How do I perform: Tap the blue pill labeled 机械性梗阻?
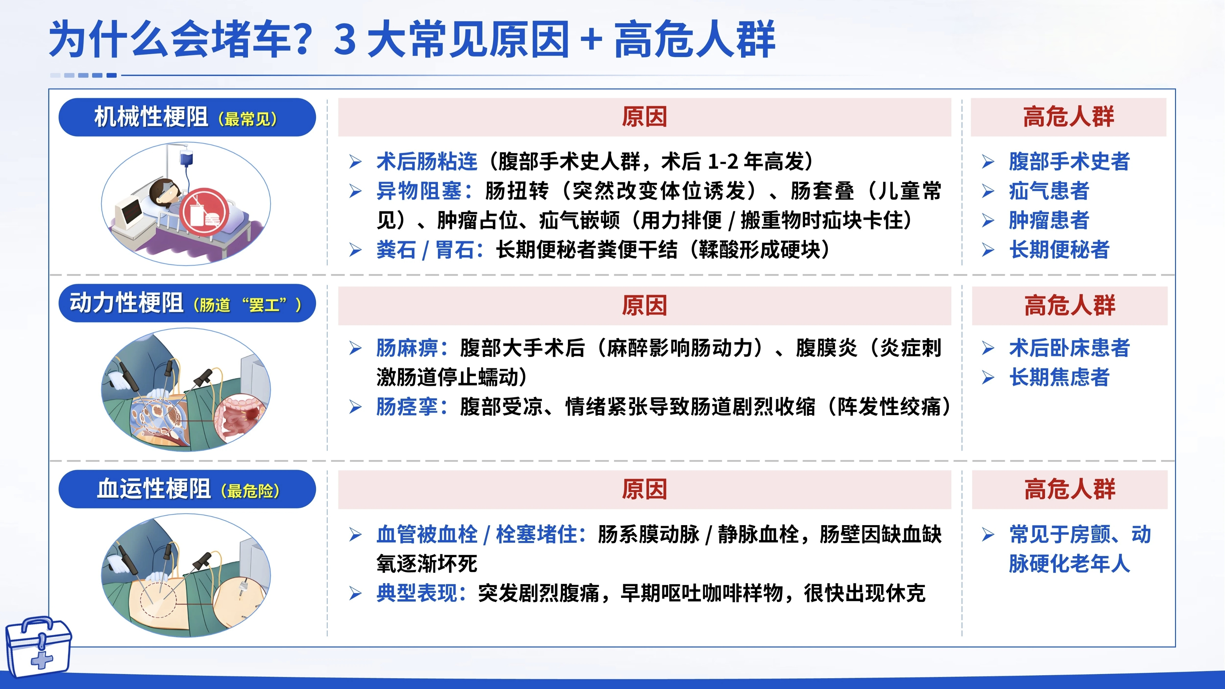187,117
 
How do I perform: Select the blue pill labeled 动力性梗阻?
187,303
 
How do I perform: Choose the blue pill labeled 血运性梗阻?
187,489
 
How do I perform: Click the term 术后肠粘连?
426,162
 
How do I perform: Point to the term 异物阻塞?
418,191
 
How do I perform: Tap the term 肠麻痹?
407,348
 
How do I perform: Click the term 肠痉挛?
407,407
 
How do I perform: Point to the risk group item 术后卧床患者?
1069,348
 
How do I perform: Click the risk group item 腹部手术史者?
1069,162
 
